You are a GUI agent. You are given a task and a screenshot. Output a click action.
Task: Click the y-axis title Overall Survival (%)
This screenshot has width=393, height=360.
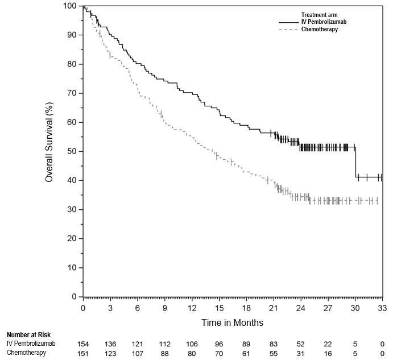(x=49, y=151)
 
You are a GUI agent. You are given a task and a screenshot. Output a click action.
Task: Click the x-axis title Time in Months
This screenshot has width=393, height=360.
(x=232, y=322)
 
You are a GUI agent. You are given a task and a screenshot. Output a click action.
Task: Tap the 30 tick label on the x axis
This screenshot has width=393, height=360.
(x=355, y=308)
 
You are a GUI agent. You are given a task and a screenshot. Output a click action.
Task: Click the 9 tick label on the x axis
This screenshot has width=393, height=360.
(x=165, y=308)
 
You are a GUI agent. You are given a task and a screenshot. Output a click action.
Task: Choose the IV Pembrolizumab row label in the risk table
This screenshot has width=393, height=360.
(x=31, y=344)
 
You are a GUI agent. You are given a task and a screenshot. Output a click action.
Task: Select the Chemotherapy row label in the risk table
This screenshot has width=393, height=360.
(x=26, y=353)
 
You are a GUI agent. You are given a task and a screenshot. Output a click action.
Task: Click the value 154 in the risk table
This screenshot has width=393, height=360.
(x=83, y=344)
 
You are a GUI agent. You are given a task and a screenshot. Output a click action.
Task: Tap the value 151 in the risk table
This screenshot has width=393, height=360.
(x=83, y=353)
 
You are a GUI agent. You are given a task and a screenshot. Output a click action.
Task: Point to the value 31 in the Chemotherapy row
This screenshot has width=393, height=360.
(x=301, y=353)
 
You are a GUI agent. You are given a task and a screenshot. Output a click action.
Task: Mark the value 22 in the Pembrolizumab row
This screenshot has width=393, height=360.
(x=328, y=344)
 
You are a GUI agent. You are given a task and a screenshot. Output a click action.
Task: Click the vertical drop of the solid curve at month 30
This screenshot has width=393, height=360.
(x=355, y=163)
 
